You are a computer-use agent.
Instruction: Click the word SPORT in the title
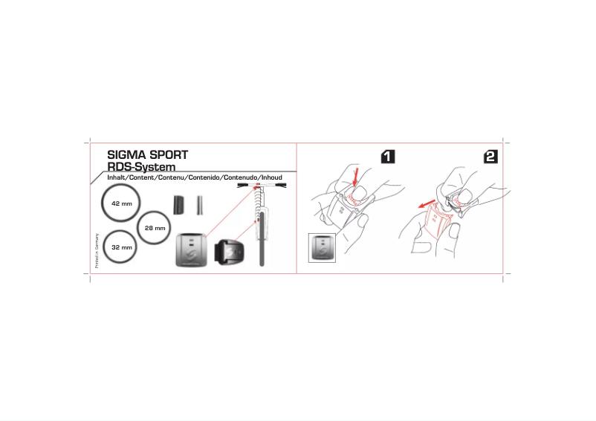[x=168, y=155]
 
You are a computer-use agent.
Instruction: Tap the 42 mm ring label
[x=121, y=203]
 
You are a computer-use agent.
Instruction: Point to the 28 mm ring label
[x=155, y=228]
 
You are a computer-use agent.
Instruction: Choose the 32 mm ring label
[x=121, y=247]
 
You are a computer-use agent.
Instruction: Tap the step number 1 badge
[x=388, y=157]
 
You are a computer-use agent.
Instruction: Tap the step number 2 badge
[x=490, y=157]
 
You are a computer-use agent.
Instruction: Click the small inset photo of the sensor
[x=323, y=247]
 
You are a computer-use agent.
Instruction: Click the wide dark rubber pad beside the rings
[x=178, y=205]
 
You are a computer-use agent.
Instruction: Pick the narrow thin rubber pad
[x=199, y=205]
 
